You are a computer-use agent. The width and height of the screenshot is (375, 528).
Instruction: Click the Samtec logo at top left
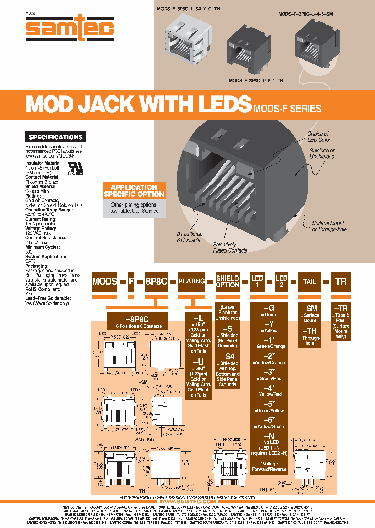click(x=69, y=28)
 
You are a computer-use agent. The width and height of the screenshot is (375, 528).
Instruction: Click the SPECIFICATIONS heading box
click(x=56, y=137)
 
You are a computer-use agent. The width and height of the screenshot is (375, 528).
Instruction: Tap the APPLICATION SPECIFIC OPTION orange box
click(x=134, y=191)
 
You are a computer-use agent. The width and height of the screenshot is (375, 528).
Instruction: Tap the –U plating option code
click(x=198, y=361)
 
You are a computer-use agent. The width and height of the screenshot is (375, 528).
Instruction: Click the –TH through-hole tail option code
click(x=309, y=331)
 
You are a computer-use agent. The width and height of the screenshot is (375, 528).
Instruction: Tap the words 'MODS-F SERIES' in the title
click(x=287, y=109)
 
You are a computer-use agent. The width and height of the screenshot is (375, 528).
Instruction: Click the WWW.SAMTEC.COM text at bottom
click(x=187, y=501)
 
